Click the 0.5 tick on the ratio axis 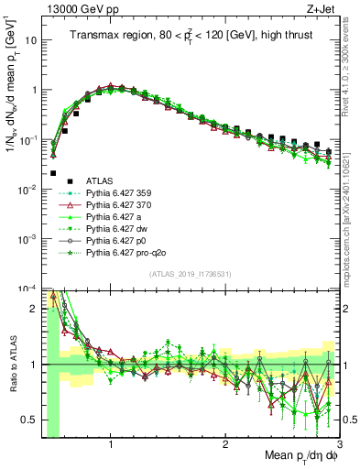pos(31,420)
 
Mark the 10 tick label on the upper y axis pos(30,41)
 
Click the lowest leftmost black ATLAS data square pos(53,173)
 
